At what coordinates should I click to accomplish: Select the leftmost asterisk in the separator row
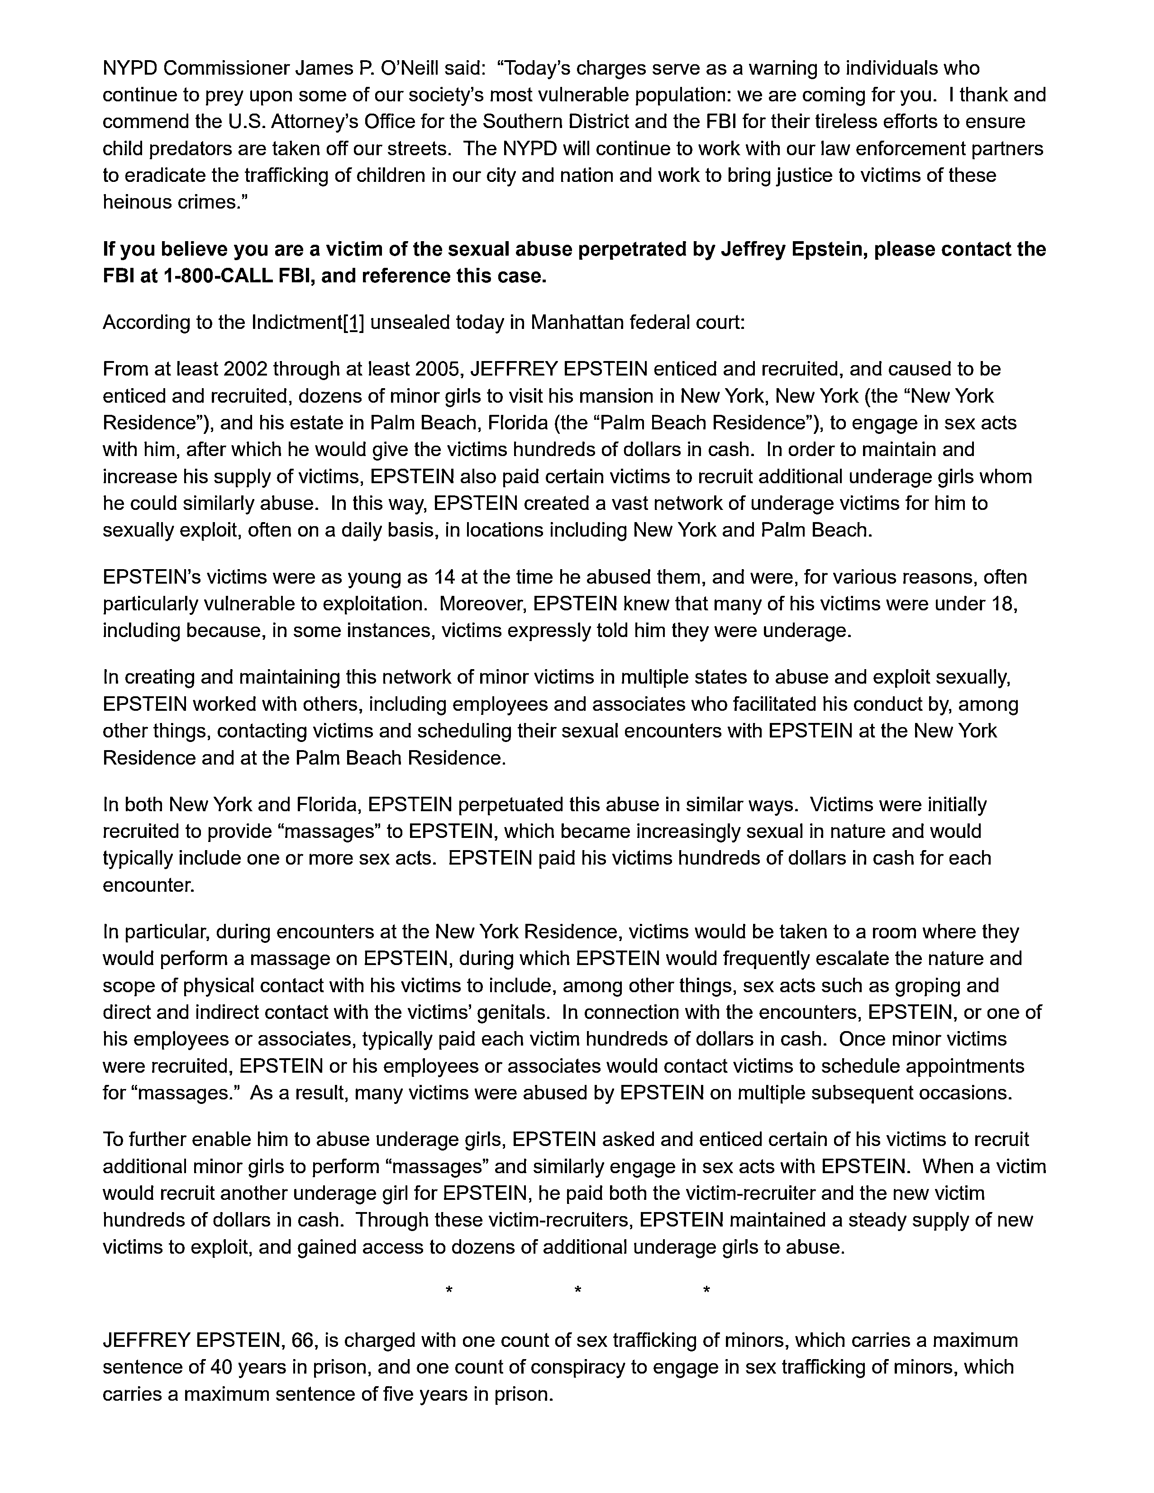pos(448,1290)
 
